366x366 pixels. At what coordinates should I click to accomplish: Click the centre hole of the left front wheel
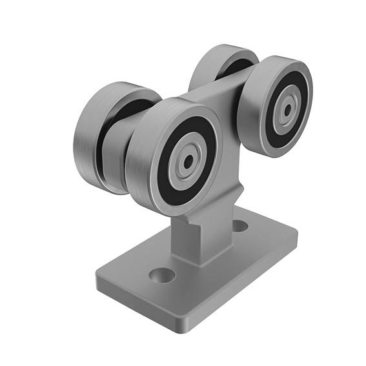click(187, 161)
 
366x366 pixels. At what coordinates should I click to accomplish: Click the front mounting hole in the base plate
click(161, 276)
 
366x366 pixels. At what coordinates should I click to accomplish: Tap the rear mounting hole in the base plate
click(239, 226)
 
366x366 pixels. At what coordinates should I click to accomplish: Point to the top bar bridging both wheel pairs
click(213, 90)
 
